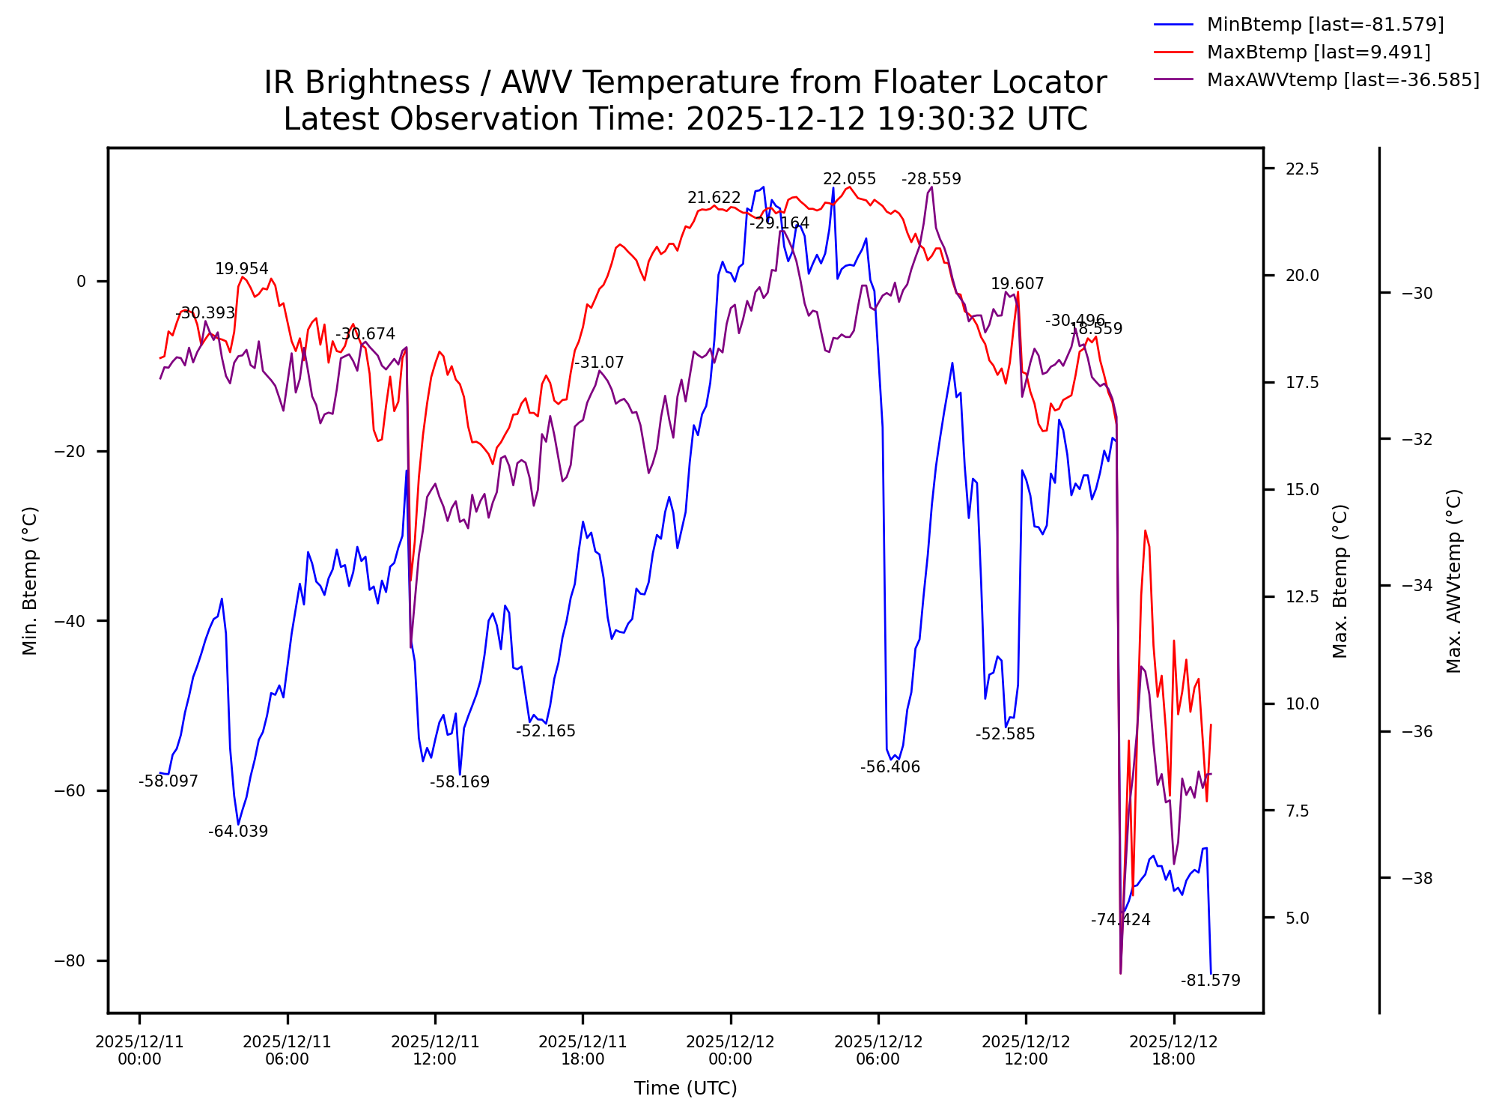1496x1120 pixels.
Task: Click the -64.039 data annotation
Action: coord(238,832)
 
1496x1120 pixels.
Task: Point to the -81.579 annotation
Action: coord(1210,981)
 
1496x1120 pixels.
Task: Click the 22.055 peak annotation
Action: coord(849,179)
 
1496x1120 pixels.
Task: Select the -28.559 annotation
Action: coord(931,179)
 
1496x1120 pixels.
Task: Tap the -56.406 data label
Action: coord(890,767)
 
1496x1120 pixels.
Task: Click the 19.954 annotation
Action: coord(241,270)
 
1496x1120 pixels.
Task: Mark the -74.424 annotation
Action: coord(1120,920)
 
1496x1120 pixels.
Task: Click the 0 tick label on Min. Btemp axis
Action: coord(81,282)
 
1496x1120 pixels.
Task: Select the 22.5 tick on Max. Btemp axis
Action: coord(1302,169)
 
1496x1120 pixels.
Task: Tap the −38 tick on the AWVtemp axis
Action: coord(1417,878)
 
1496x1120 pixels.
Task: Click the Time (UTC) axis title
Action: coord(685,1089)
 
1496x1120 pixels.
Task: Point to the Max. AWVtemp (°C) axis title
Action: coord(1454,581)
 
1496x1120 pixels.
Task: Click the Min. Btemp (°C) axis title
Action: coord(30,581)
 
